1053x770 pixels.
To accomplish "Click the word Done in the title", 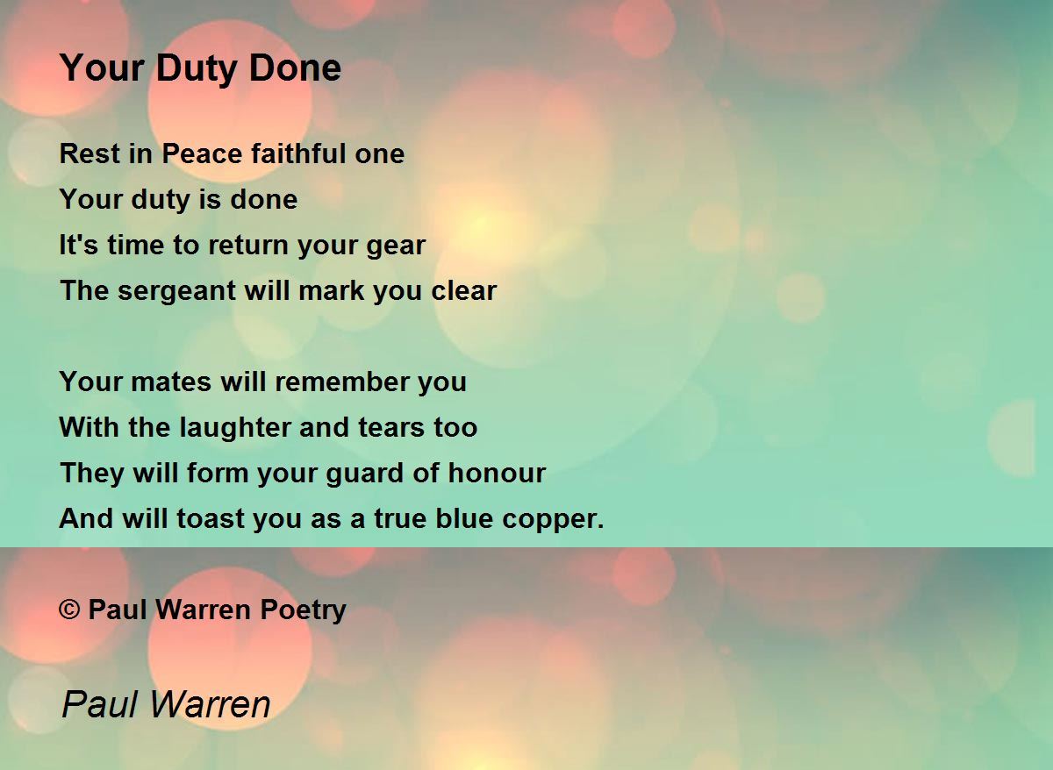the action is (295, 68).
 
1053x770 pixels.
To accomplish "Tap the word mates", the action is (171, 382).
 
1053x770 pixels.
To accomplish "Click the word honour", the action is (497, 473).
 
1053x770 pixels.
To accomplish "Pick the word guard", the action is (364, 474).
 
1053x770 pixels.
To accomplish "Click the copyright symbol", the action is (69, 610).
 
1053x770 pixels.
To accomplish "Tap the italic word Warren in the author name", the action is (210, 705).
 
